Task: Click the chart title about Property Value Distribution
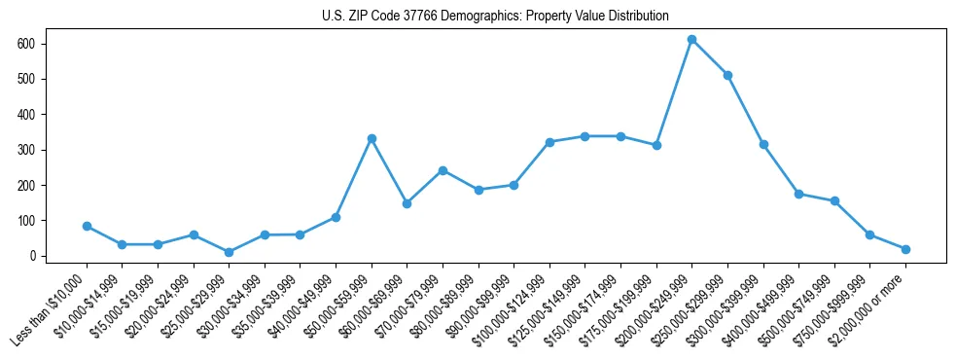tap(495, 16)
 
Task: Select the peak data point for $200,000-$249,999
tap(691, 40)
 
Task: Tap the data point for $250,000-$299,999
tap(727, 75)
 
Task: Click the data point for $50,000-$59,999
tap(372, 138)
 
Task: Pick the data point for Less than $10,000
tap(87, 226)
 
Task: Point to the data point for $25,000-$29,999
tap(229, 252)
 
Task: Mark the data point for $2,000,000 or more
tap(905, 249)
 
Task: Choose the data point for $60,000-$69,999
tap(407, 203)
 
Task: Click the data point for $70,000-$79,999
tap(443, 170)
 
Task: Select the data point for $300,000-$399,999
tap(763, 144)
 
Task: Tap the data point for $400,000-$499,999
tap(798, 194)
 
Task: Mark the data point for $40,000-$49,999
tap(336, 217)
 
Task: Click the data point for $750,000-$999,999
tap(869, 234)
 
